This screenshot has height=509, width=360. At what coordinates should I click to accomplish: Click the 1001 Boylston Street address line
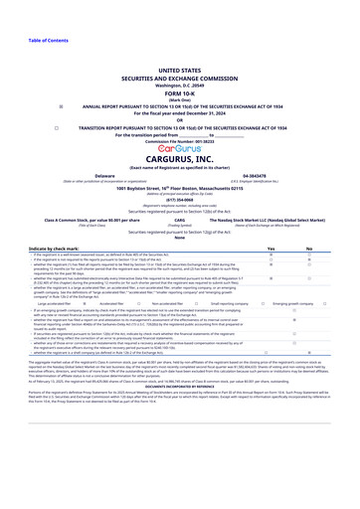coord(179,187)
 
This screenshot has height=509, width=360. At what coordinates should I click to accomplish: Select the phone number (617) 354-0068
coord(179,197)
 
